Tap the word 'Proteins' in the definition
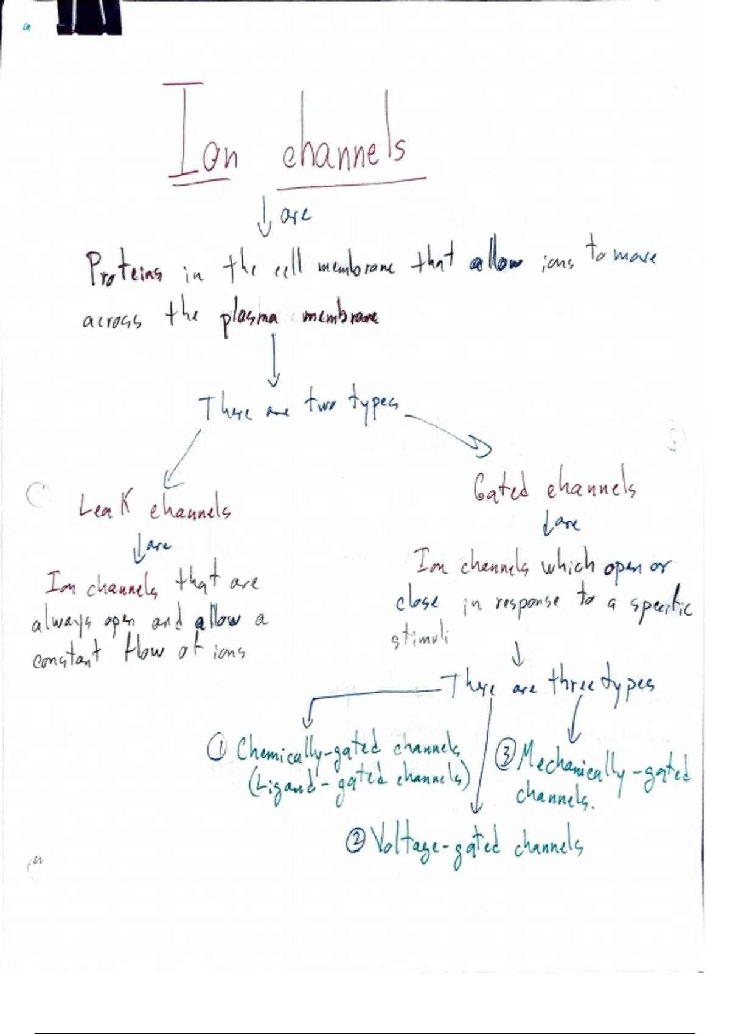[x=124, y=271]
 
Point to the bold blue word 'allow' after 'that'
[x=496, y=263]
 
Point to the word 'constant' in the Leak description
[x=67, y=657]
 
